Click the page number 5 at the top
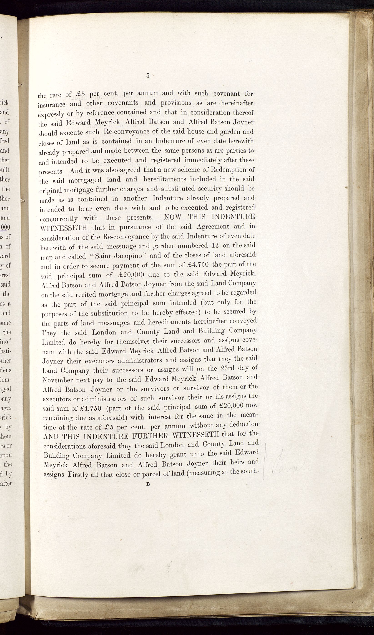point(148,75)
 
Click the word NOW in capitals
point(173,217)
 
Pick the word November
point(58,380)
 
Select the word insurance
point(51,104)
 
